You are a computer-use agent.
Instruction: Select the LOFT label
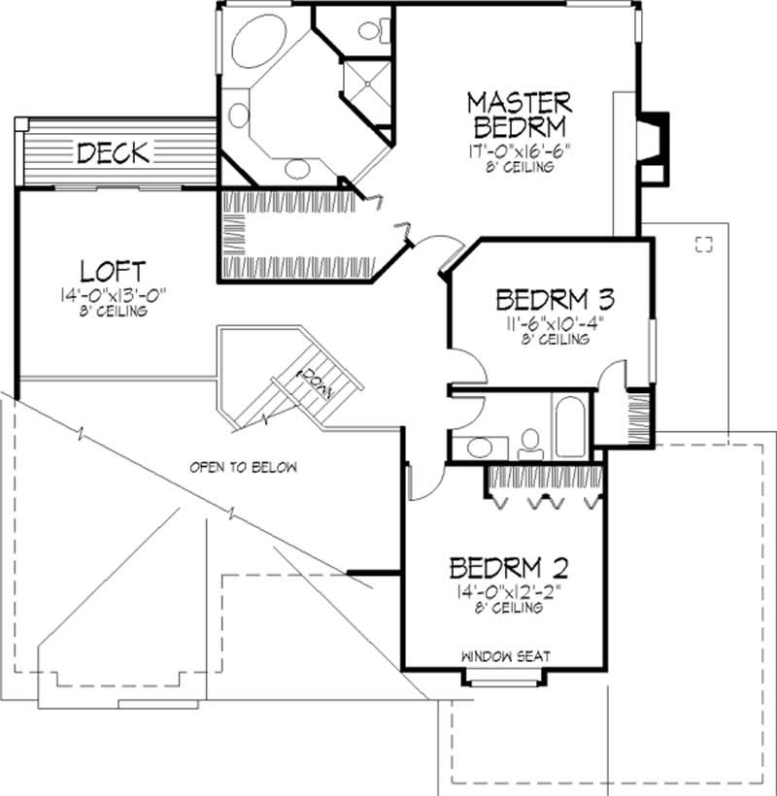click(113, 269)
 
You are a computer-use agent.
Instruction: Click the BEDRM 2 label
click(508, 566)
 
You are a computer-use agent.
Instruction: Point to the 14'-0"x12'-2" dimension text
click(508, 592)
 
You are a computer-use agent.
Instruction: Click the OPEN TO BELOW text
click(243, 467)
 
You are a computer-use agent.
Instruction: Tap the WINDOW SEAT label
click(506, 657)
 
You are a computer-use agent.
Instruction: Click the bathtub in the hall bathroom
click(569, 424)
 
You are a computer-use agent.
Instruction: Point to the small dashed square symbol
click(704, 243)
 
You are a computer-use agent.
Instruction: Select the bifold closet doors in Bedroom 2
click(544, 500)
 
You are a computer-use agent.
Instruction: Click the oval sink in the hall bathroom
click(478, 448)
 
